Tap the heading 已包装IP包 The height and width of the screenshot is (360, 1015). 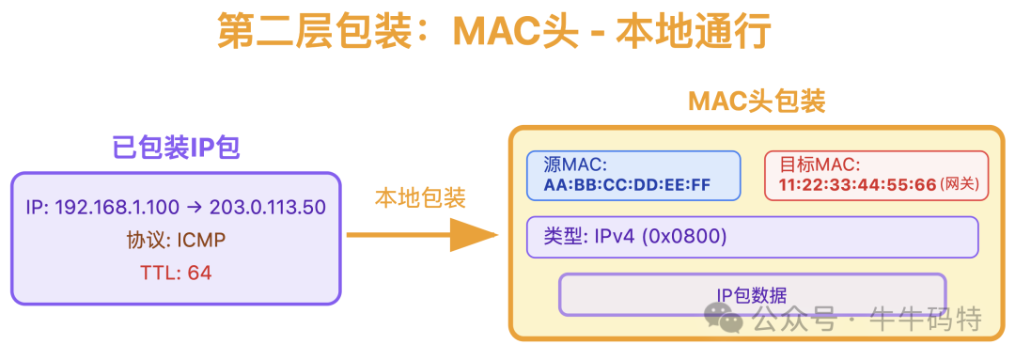(175, 147)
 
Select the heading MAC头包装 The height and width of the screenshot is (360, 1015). (757, 102)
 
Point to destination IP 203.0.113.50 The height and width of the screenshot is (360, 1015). (269, 207)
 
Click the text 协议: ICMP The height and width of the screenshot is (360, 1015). (176, 241)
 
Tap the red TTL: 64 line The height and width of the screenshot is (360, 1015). (176, 273)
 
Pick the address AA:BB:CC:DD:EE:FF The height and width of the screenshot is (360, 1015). (627, 184)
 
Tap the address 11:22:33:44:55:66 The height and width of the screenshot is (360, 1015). (857, 184)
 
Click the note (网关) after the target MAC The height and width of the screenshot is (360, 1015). (960, 185)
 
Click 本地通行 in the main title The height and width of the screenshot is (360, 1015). (693, 31)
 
